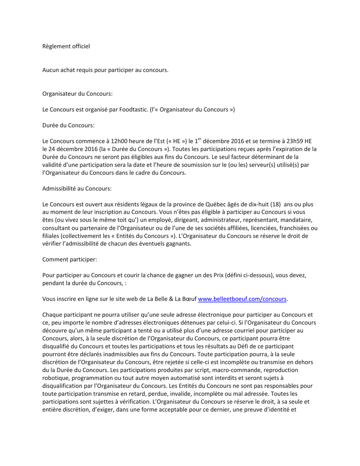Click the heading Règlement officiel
click(x=66, y=46)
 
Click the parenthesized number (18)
click(x=272, y=204)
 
